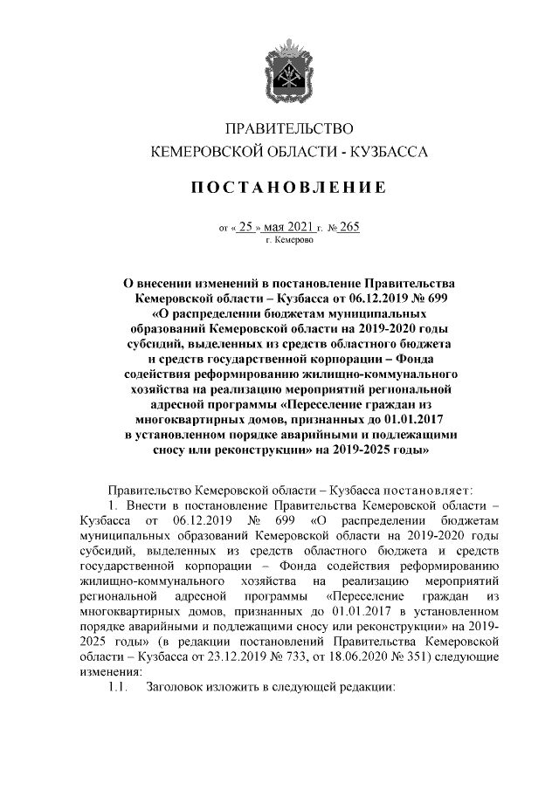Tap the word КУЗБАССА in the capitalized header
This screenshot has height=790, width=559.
tap(390, 152)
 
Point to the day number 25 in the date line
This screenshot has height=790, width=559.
tap(246, 226)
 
